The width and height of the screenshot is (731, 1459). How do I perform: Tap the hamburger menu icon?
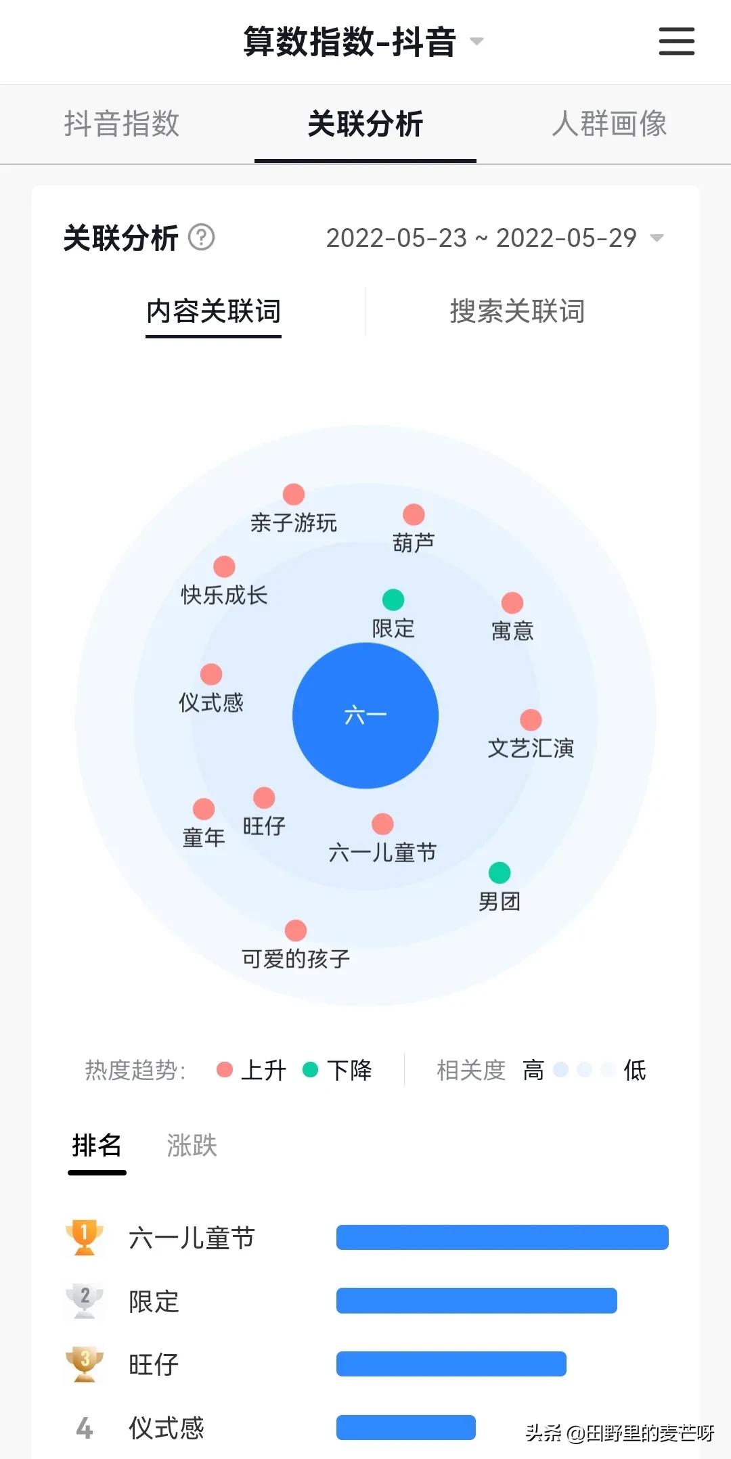(677, 41)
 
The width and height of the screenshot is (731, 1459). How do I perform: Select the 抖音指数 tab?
(122, 124)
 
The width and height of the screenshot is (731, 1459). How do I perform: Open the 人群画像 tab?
(609, 124)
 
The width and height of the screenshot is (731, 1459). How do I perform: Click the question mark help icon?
(201, 238)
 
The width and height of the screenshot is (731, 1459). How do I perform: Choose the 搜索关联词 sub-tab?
(517, 311)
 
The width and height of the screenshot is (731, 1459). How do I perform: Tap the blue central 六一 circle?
(365, 715)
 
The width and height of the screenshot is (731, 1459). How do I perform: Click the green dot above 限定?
(393, 600)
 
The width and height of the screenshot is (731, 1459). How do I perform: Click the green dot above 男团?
(500, 873)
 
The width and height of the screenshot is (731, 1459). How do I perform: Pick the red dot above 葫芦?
(414, 515)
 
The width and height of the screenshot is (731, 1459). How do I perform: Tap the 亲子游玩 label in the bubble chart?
(293, 523)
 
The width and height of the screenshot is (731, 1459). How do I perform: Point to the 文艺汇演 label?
(531, 748)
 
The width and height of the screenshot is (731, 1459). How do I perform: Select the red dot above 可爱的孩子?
(296, 930)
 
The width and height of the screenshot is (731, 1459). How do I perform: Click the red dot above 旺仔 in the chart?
(264, 798)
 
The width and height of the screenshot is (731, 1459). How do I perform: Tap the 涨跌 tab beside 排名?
(192, 1146)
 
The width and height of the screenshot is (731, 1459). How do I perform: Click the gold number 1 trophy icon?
(85, 1237)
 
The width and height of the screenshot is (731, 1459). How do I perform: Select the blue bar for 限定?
(477, 1301)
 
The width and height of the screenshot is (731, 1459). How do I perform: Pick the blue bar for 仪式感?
(406, 1427)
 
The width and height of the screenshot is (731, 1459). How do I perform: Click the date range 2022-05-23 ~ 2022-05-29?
(481, 238)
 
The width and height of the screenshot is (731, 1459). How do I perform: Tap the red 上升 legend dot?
(225, 1070)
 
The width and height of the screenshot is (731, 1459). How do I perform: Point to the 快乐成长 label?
(224, 596)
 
